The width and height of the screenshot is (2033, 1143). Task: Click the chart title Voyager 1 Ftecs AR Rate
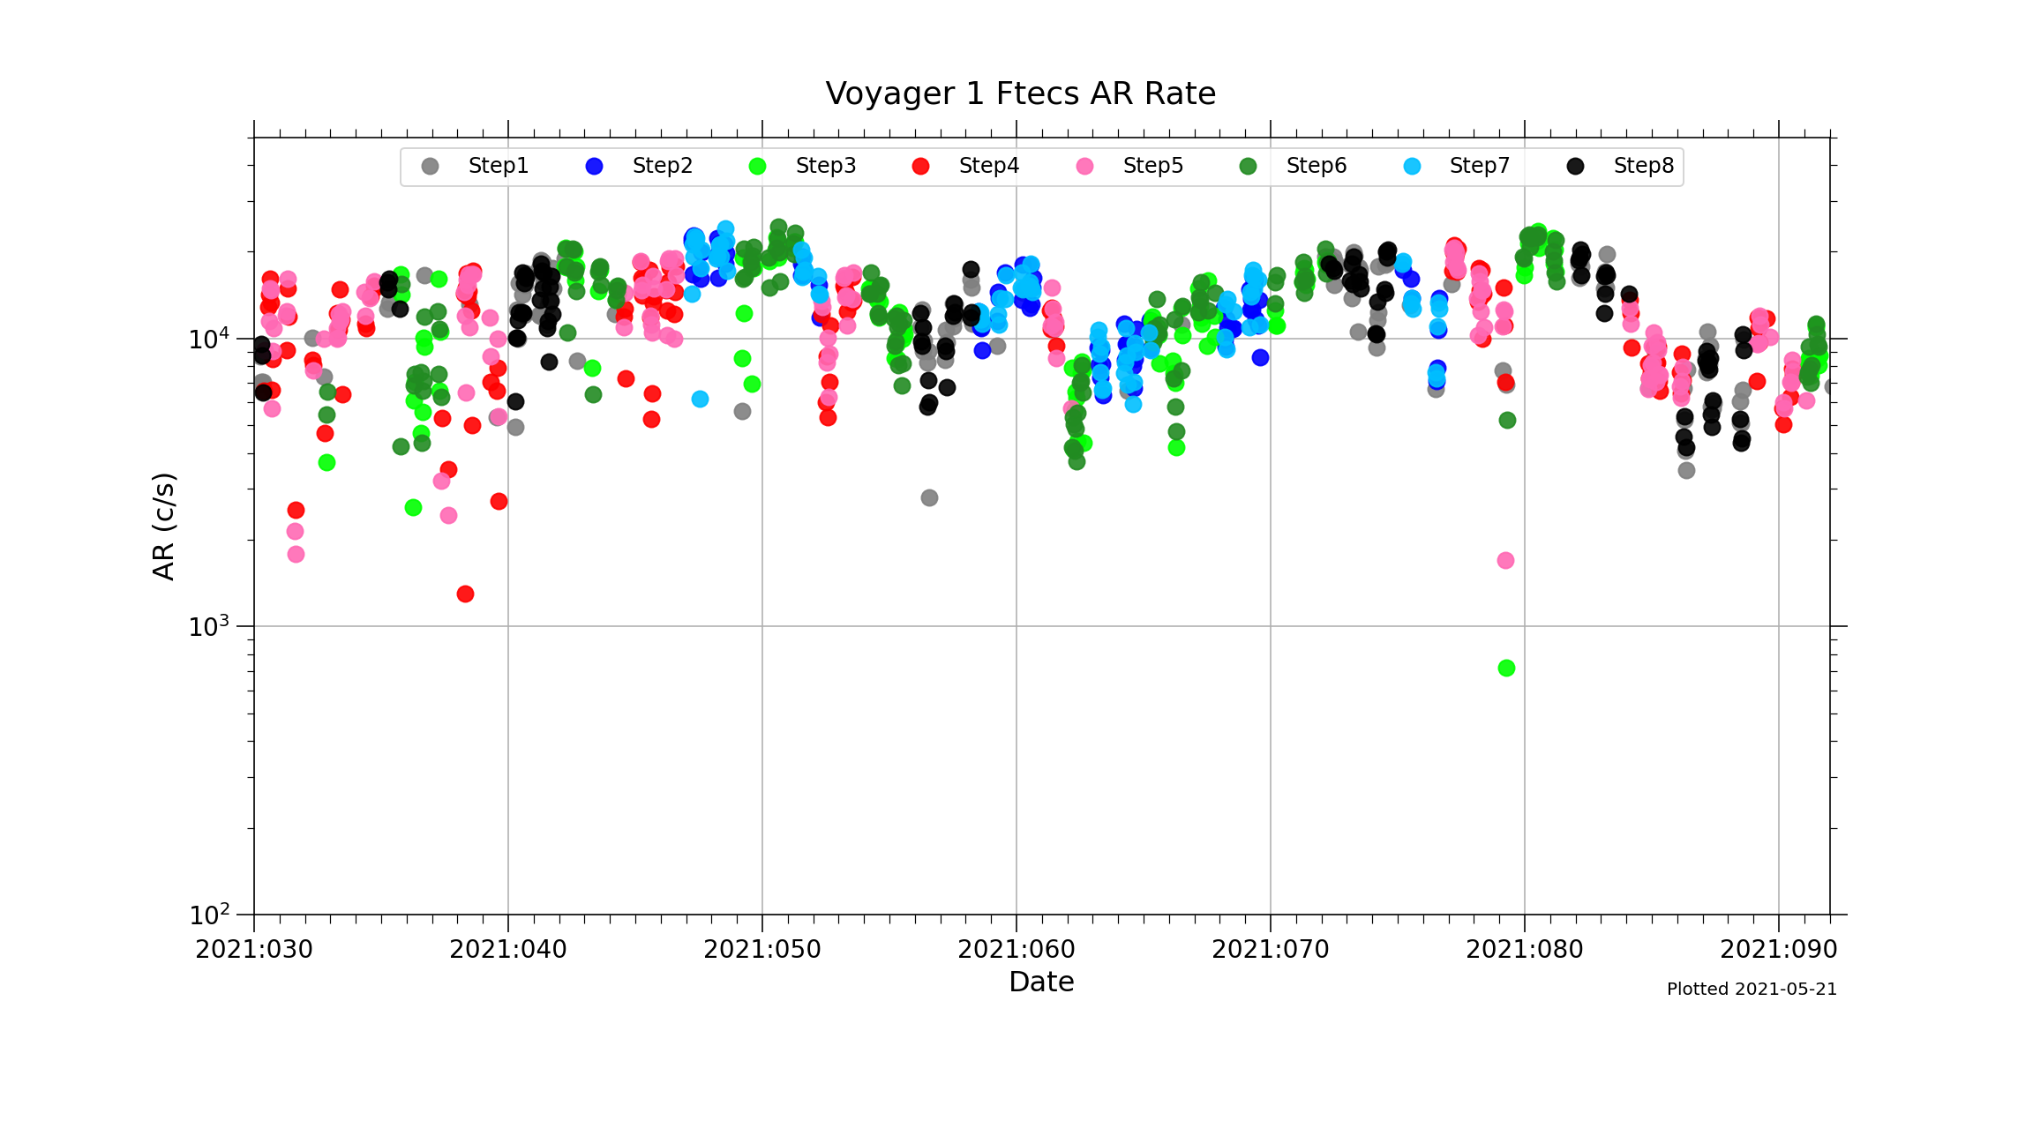pyautogui.click(x=1020, y=93)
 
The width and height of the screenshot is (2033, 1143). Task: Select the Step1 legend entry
pyautogui.click(x=498, y=166)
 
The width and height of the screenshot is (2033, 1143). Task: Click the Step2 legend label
pyautogui.click(x=662, y=166)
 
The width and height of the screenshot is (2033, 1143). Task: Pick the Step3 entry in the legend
pyautogui.click(x=825, y=166)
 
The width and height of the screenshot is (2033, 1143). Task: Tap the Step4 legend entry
pyautogui.click(x=988, y=166)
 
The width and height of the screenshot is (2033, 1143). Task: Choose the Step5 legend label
pyautogui.click(x=1152, y=166)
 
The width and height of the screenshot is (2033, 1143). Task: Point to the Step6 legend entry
pyautogui.click(x=1316, y=166)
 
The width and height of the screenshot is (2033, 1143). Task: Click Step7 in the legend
pyautogui.click(x=1479, y=166)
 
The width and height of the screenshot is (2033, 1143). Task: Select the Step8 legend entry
pyautogui.click(x=1643, y=166)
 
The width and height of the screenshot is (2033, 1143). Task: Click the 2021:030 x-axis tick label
pyautogui.click(x=254, y=950)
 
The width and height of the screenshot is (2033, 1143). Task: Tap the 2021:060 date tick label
pyautogui.click(x=1016, y=950)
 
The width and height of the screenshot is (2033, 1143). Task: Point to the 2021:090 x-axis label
pyautogui.click(x=1778, y=950)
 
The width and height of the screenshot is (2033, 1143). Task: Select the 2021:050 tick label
pyautogui.click(x=762, y=950)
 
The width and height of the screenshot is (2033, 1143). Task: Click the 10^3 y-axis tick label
pyautogui.click(x=209, y=627)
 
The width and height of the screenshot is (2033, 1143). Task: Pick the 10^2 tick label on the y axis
pyautogui.click(x=209, y=915)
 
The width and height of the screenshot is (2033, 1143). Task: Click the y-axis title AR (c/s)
pyautogui.click(x=164, y=527)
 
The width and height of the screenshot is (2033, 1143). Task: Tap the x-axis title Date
pyautogui.click(x=1041, y=982)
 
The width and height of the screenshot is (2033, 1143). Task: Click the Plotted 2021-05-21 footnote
pyautogui.click(x=1752, y=990)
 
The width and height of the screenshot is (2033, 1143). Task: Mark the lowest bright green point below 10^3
pyautogui.click(x=1506, y=669)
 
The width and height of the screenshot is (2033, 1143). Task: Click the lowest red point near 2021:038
pyautogui.click(x=465, y=594)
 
